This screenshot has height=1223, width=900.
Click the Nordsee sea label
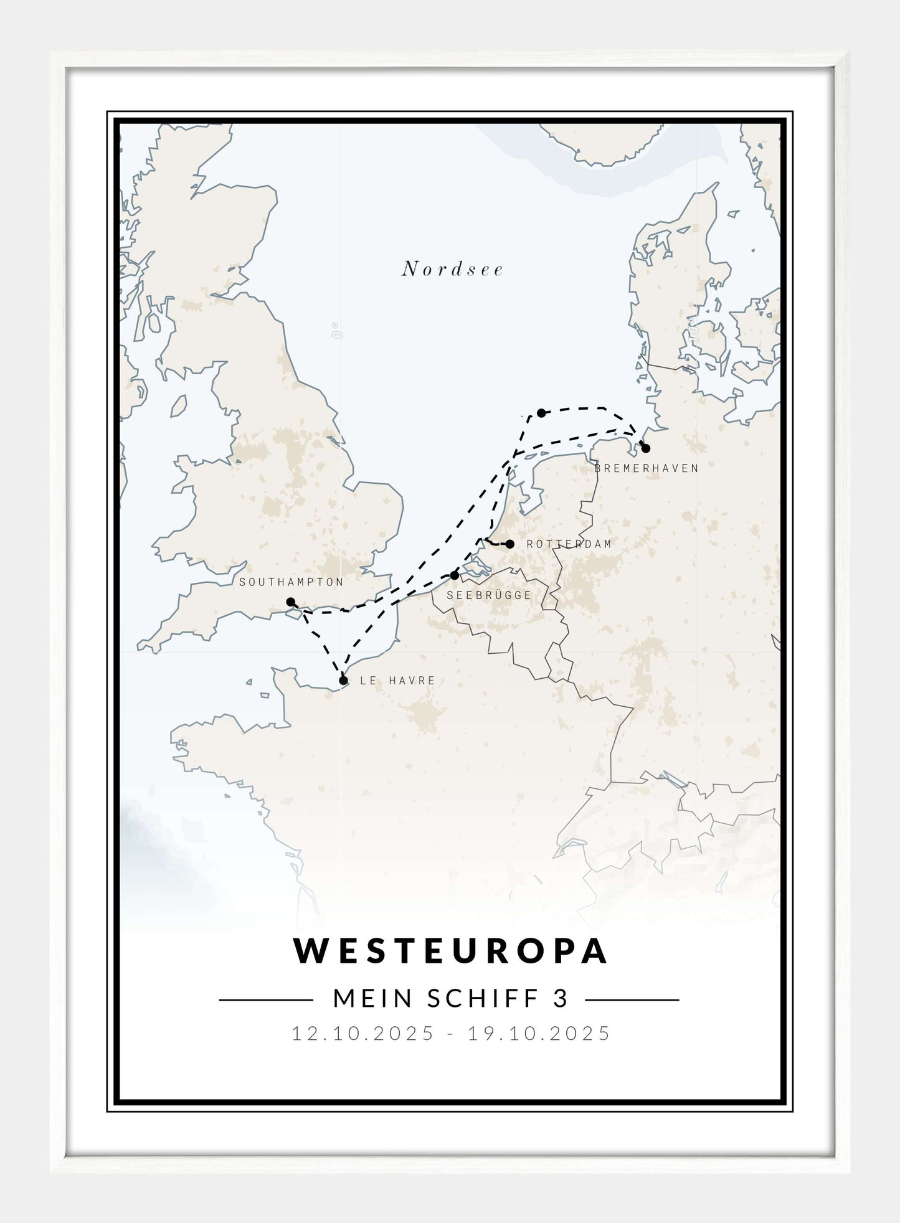[452, 269]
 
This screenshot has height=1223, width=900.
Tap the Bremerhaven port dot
[645, 448]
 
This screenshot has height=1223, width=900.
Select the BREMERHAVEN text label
[647, 468]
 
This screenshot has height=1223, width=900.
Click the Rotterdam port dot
[510, 544]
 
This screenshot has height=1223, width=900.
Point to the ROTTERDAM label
[569, 544]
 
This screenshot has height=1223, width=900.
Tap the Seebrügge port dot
[455, 575]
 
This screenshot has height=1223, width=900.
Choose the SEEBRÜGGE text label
[489, 595]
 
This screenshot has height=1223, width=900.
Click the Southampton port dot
[290, 602]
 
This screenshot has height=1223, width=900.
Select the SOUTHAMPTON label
[291, 582]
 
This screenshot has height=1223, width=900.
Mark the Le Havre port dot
[343, 681]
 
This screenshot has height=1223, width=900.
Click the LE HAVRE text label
[397, 681]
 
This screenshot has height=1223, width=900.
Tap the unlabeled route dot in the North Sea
[541, 413]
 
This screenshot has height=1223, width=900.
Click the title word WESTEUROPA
[451, 951]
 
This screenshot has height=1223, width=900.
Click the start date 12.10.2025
[362, 1034]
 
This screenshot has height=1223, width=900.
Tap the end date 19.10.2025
[539, 1034]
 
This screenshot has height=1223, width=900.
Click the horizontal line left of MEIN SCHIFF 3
[266, 1000]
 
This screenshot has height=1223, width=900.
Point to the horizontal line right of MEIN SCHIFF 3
[632, 1000]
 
